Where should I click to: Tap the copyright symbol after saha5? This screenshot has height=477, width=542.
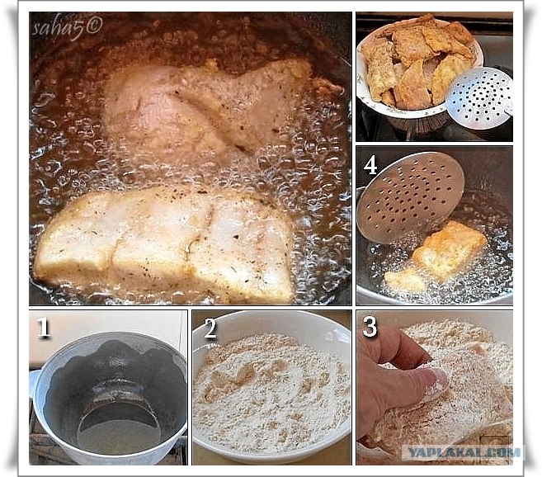(94, 26)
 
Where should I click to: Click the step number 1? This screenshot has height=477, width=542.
(43, 328)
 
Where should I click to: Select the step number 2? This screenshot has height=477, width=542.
(210, 328)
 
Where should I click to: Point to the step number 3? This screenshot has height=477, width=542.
(370, 328)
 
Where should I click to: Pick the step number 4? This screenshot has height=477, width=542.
(370, 165)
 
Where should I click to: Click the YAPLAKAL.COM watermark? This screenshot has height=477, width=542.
(464, 452)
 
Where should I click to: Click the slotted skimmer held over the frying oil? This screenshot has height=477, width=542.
(411, 197)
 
